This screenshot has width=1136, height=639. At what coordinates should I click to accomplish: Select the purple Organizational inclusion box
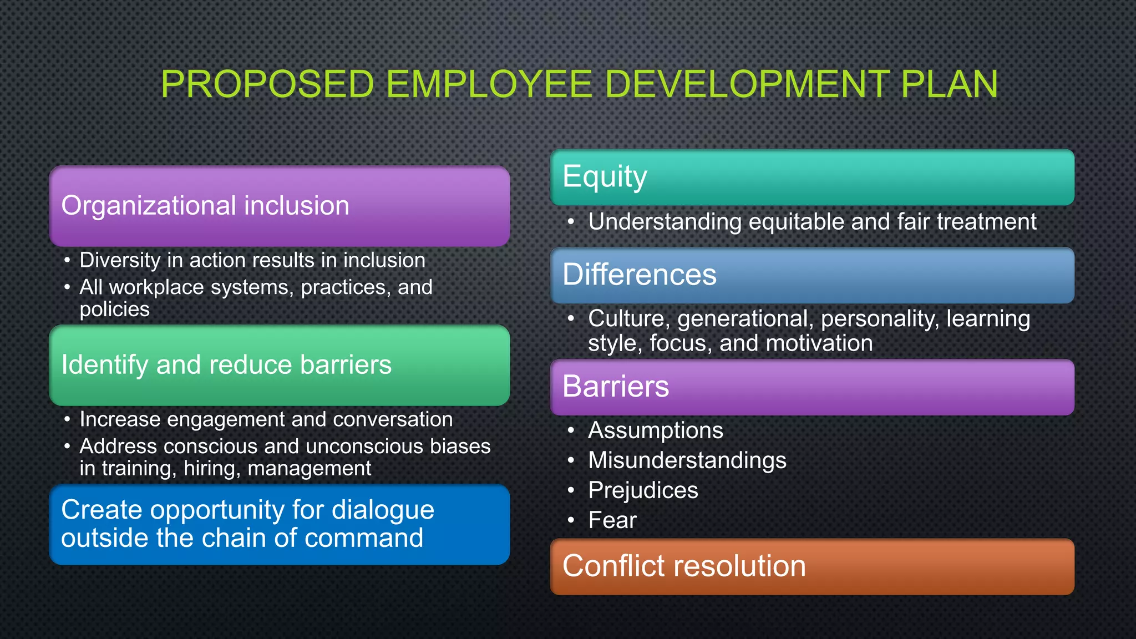tap(279, 206)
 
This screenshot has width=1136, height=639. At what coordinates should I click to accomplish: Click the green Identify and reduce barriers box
tap(279, 365)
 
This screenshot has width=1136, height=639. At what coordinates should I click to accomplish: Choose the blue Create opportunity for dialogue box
tap(279, 524)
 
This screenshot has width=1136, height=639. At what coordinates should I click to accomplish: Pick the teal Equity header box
tap(812, 177)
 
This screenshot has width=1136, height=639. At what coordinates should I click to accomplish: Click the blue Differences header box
tap(812, 275)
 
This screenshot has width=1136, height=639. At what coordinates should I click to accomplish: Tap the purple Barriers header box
tap(812, 387)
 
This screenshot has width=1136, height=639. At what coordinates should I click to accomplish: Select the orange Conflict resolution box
tap(812, 566)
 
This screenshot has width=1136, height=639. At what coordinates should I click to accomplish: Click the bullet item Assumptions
tap(655, 430)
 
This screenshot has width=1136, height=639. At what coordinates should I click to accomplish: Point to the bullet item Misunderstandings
tap(687, 460)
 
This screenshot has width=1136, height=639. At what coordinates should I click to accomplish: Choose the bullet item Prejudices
tap(643, 490)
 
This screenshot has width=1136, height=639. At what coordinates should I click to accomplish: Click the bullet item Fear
tap(612, 520)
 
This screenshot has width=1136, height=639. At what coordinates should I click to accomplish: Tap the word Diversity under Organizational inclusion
tap(120, 260)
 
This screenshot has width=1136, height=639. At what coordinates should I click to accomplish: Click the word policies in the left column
tap(114, 309)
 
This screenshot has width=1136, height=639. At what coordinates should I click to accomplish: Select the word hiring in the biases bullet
tap(211, 469)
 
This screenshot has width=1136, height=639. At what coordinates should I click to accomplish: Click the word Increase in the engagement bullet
tap(120, 419)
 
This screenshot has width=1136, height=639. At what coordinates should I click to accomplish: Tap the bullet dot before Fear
tap(571, 520)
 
